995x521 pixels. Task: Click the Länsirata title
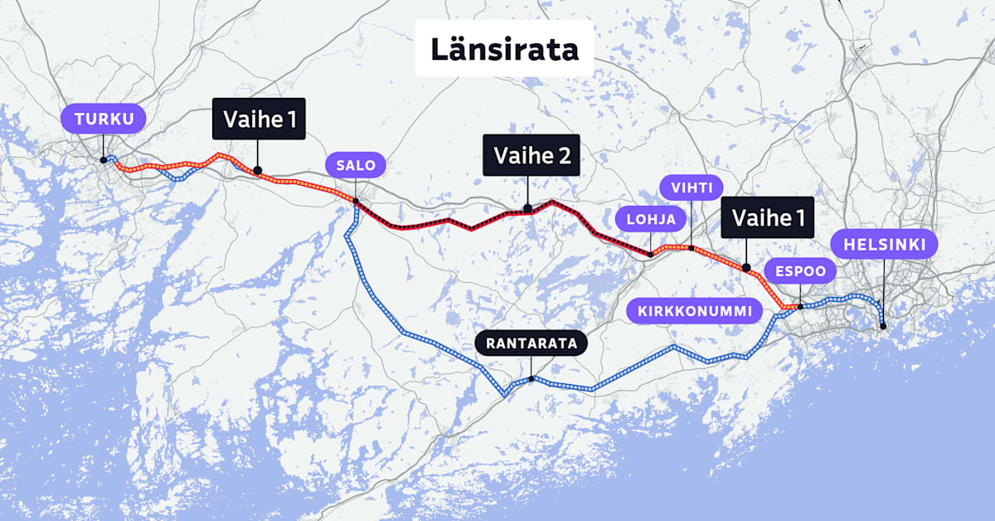[504, 49]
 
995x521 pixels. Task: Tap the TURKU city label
[103, 119]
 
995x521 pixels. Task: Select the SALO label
[356, 165]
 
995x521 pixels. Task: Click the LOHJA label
[651, 220]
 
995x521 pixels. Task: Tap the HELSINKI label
[884, 245]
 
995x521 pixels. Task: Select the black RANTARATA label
[531, 343]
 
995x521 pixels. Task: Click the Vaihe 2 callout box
[531, 155]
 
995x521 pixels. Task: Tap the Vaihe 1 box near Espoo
[767, 218]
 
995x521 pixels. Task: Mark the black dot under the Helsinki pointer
[884, 326]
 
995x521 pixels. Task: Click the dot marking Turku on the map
[103, 159]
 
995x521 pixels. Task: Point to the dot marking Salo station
[356, 200]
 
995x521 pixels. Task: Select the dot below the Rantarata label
[531, 378]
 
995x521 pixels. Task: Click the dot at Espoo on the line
[799, 307]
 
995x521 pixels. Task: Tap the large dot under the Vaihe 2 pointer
[527, 209]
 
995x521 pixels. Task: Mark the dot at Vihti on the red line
[691, 247]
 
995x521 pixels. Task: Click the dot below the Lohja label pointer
[650, 254]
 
